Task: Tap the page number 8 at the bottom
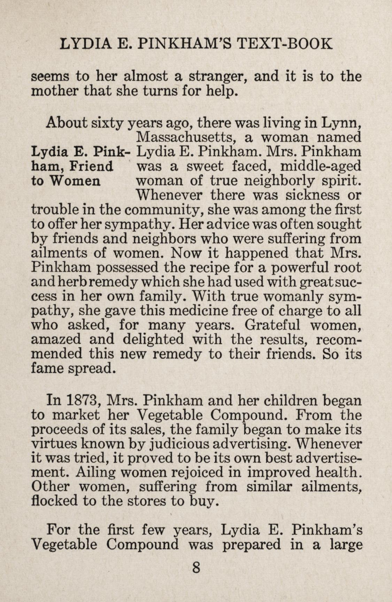196,568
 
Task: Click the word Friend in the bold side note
91,166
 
